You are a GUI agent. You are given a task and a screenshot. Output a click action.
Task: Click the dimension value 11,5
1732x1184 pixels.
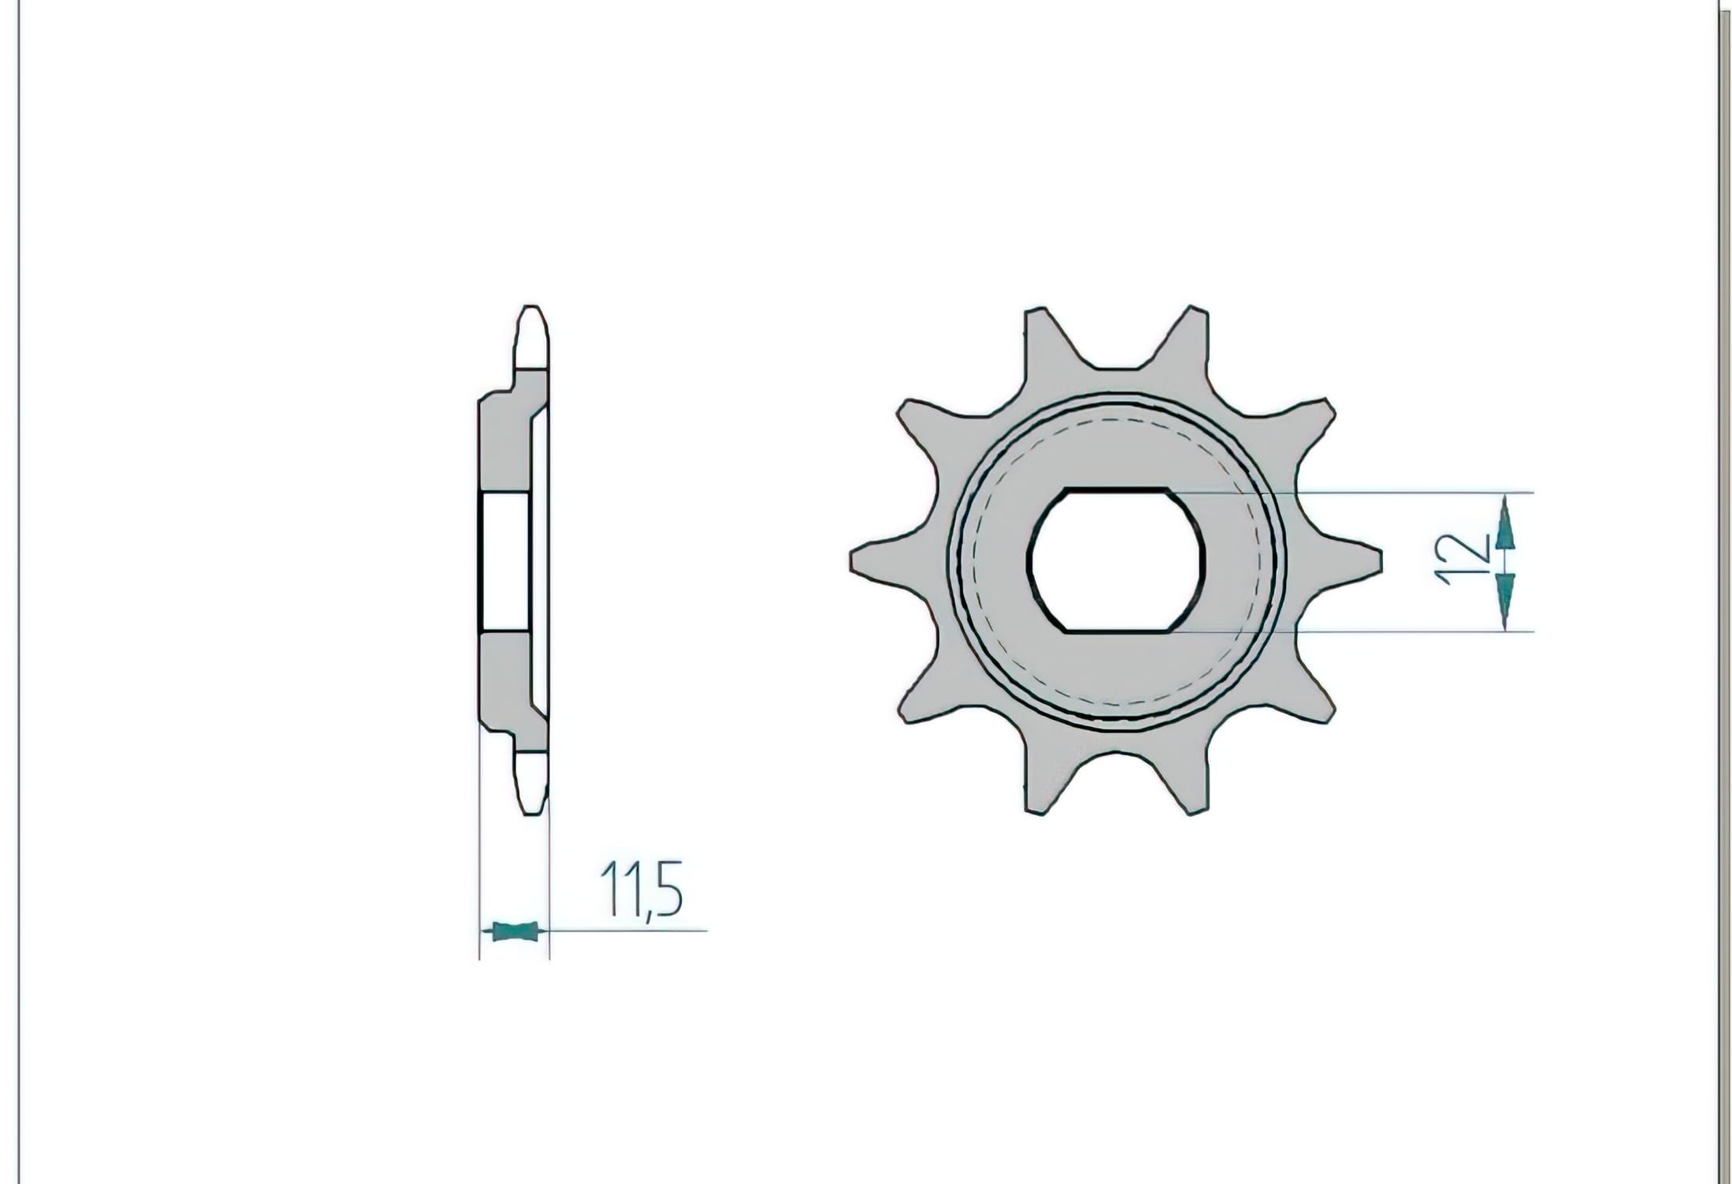click(642, 890)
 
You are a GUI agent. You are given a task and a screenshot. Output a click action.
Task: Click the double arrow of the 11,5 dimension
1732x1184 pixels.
click(514, 932)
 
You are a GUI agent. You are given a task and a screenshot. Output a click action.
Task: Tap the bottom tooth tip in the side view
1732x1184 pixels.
click(531, 813)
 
